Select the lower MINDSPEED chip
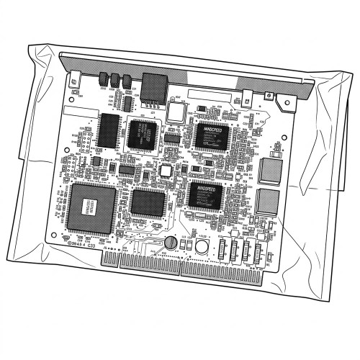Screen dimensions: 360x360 coord(204,194)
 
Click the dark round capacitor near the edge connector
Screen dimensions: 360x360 coord(171,243)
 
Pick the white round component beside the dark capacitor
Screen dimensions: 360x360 coord(202,247)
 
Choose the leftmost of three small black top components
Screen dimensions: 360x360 coord(102,78)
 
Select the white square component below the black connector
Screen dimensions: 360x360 coord(176,111)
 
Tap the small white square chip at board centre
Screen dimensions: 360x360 coord(166,170)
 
